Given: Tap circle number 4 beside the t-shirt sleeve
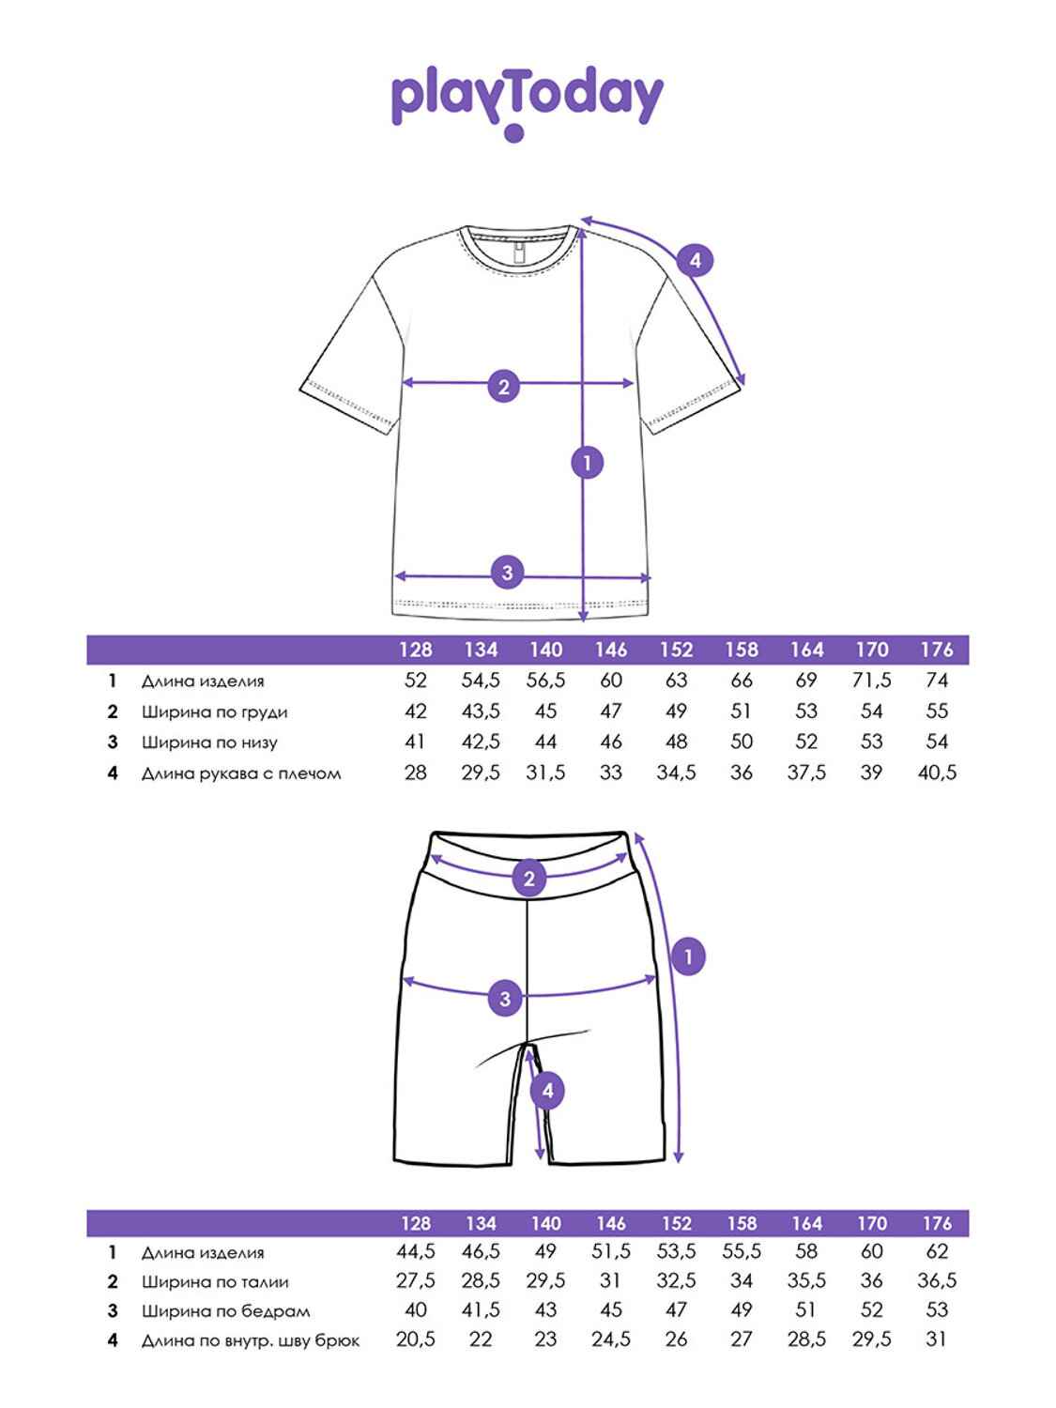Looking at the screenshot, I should pyautogui.click(x=695, y=260).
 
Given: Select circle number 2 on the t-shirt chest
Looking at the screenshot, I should pyautogui.click(x=504, y=386).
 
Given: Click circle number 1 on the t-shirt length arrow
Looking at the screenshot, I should pyautogui.click(x=588, y=462).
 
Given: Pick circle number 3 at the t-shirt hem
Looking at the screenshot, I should pyautogui.click(x=507, y=572).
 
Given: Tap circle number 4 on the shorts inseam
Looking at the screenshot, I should pyautogui.click(x=547, y=1091).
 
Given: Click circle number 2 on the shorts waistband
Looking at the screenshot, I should pyautogui.click(x=529, y=879).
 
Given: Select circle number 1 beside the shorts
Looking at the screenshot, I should pyautogui.click(x=688, y=957).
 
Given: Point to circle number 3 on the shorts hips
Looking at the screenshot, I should pyautogui.click(x=505, y=998).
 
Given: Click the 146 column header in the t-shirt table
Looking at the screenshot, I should pyautogui.click(x=611, y=650).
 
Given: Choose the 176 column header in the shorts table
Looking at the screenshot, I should pyautogui.click(x=937, y=1223).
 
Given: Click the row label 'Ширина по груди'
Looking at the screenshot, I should pyautogui.click(x=214, y=712).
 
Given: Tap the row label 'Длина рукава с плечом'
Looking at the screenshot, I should pyautogui.click(x=241, y=773).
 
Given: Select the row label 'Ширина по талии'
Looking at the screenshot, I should pyautogui.click(x=215, y=1281).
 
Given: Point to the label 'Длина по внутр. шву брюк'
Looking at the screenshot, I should pyautogui.click(x=251, y=1340).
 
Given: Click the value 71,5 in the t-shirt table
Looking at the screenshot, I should pyautogui.click(x=871, y=681).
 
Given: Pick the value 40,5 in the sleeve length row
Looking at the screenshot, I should pyautogui.click(x=937, y=773).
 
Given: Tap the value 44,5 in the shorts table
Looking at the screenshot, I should pyautogui.click(x=415, y=1251).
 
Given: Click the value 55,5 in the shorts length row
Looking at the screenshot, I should pyautogui.click(x=742, y=1251).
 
